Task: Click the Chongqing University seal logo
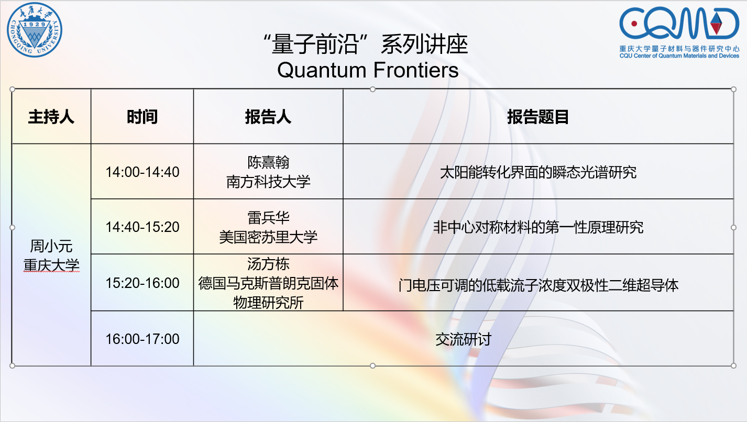(x=35, y=30)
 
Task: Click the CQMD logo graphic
(x=679, y=24)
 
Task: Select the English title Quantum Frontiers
(x=368, y=70)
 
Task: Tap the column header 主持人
(x=51, y=117)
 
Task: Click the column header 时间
(x=142, y=117)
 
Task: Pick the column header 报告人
(x=268, y=117)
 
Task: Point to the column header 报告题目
(x=538, y=117)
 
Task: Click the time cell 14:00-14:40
(x=142, y=172)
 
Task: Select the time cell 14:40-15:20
(x=142, y=227)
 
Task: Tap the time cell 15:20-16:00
(x=142, y=283)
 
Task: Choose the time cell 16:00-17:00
(x=142, y=339)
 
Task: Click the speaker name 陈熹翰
(x=268, y=162)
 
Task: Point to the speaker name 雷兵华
(x=268, y=218)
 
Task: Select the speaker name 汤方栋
(x=268, y=264)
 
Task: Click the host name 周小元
(x=51, y=246)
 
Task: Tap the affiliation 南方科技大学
(x=268, y=182)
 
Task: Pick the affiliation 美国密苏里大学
(x=268, y=237)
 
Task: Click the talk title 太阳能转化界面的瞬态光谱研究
(x=538, y=172)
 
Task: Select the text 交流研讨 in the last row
(x=463, y=339)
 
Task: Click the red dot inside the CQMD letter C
(x=634, y=24)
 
